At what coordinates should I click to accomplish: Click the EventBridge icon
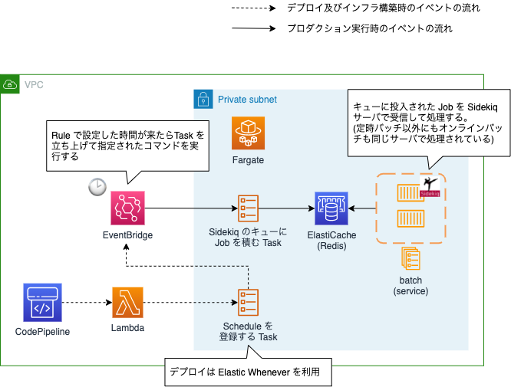pos(128,207)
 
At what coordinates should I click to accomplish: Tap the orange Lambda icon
pos(127,303)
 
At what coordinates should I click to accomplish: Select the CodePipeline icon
pos(43,303)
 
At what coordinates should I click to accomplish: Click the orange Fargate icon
pos(248,133)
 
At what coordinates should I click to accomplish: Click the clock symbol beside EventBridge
pos(97,187)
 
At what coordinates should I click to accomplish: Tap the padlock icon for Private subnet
pos(202,99)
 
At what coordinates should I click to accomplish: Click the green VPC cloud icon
pos(10,84)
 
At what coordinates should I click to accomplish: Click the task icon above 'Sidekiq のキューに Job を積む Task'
pos(248,207)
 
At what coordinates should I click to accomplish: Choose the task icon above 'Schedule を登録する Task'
pos(248,303)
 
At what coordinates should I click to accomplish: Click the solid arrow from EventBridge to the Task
pos(192,207)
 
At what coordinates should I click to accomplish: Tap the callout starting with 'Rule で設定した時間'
pos(126,145)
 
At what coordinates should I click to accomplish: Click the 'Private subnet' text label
pos(247,100)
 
